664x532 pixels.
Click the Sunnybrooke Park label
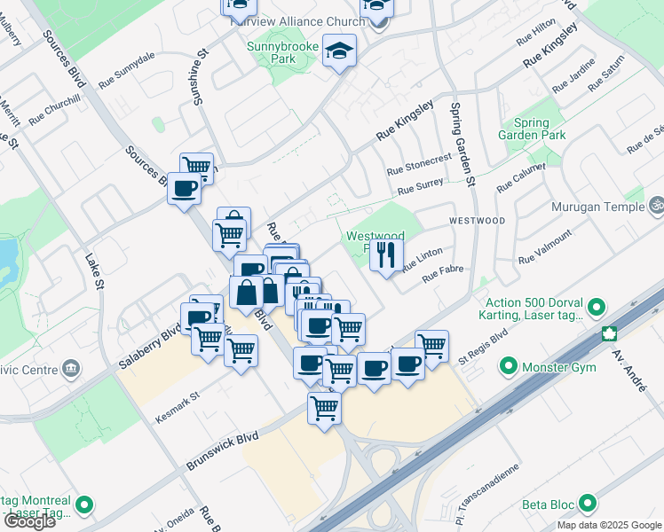point(270,52)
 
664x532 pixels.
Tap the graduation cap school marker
point(339,51)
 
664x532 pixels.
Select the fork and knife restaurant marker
point(385,255)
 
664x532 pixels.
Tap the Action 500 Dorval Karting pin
point(596,309)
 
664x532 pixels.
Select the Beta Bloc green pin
point(587,505)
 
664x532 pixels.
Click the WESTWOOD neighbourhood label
point(477,220)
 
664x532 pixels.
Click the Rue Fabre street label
point(443,276)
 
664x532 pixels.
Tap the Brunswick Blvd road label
point(222,451)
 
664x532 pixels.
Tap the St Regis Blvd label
point(482,346)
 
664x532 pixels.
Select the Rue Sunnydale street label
point(127,66)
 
